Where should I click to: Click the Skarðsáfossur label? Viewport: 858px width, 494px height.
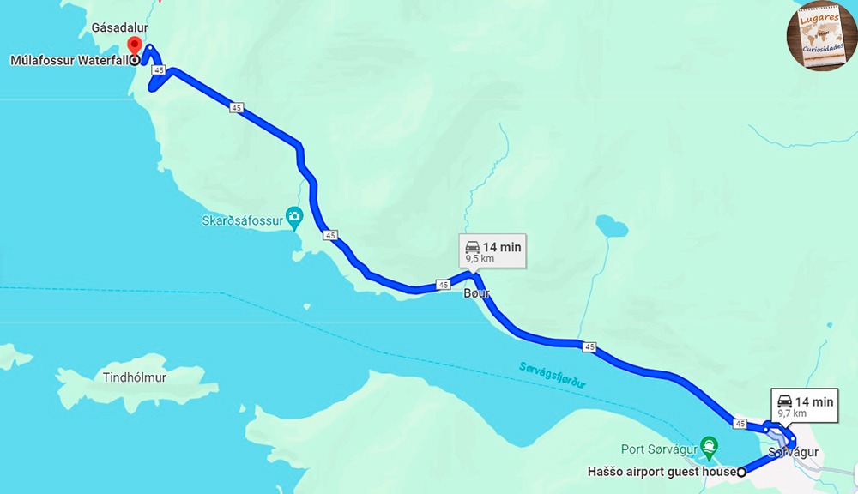pyautogui.click(x=241, y=220)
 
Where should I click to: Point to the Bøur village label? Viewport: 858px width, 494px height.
pyautogui.click(x=476, y=293)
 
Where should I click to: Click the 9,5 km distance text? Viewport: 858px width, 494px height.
pyautogui.click(x=480, y=257)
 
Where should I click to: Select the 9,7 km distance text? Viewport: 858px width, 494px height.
pyautogui.click(x=792, y=413)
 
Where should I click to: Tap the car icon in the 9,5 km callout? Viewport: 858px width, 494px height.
pyautogui.click(x=472, y=247)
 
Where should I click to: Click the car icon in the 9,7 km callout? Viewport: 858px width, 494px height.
pyautogui.click(x=784, y=401)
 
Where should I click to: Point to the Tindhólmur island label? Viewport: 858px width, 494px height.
pyautogui.click(x=134, y=377)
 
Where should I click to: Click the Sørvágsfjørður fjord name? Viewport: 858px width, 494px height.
pyautogui.click(x=553, y=376)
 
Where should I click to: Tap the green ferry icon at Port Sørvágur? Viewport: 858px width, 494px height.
pyautogui.click(x=709, y=446)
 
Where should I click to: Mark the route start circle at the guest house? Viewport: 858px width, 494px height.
pyautogui.click(x=741, y=471)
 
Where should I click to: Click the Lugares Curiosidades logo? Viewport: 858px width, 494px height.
pyautogui.click(x=820, y=35)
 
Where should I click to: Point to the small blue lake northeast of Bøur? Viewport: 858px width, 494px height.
pyautogui.click(x=611, y=226)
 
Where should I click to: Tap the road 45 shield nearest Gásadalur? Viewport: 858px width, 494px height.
pyautogui.click(x=158, y=69)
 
